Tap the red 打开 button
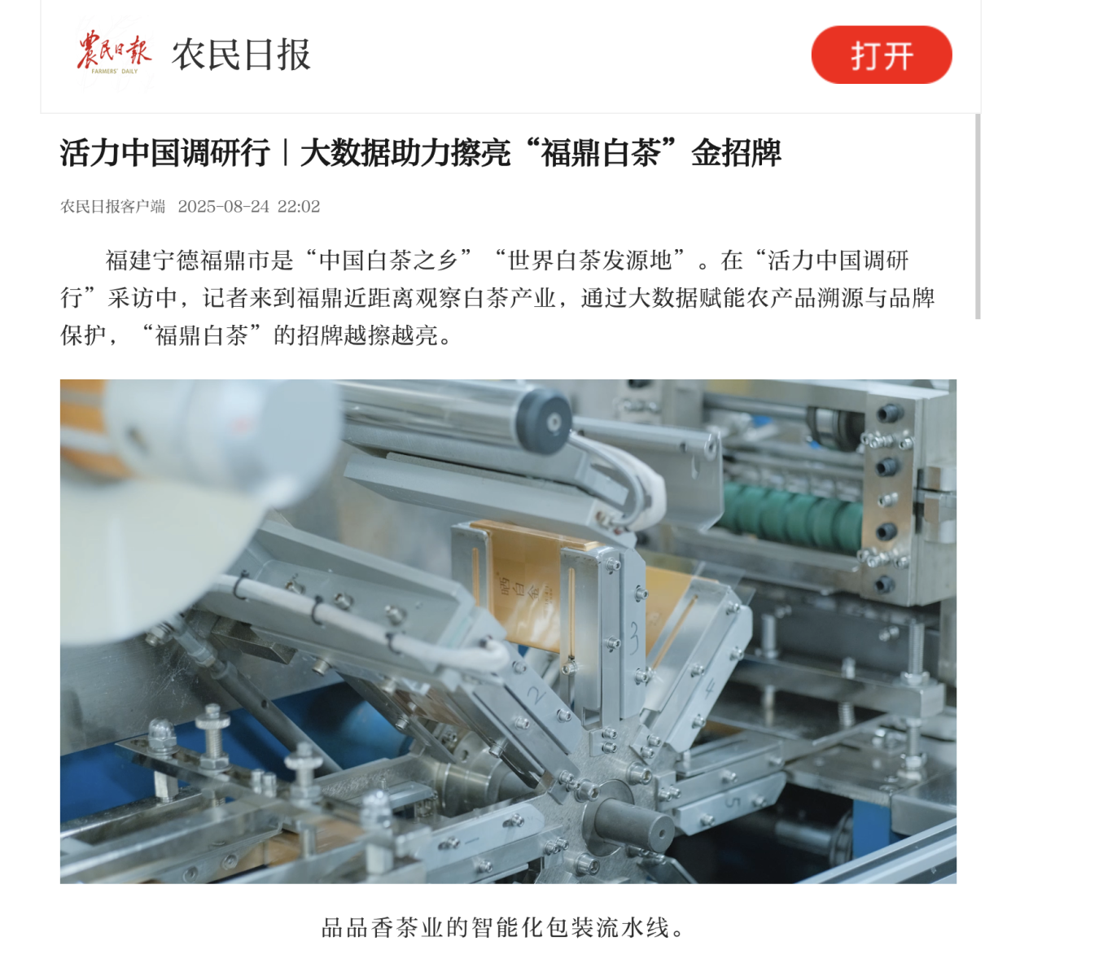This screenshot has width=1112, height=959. (x=881, y=55)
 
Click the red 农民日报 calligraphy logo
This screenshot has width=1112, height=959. (x=114, y=52)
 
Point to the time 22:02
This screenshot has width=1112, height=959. (x=299, y=207)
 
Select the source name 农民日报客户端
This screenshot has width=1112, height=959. (x=113, y=207)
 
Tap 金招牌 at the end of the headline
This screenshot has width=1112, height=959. (x=736, y=153)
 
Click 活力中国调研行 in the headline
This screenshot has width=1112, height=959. (x=164, y=153)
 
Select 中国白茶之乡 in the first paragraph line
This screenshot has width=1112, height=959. (x=388, y=261)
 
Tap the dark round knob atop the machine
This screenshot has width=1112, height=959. (x=544, y=421)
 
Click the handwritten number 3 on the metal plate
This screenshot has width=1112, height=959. (x=635, y=637)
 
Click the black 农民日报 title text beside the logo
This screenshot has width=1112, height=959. (x=241, y=55)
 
